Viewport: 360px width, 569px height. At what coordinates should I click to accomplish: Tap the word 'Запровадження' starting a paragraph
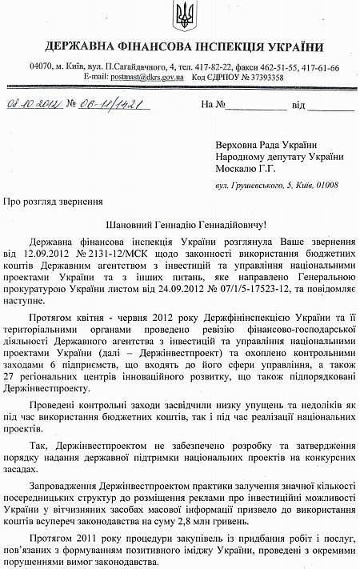point(66,486)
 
